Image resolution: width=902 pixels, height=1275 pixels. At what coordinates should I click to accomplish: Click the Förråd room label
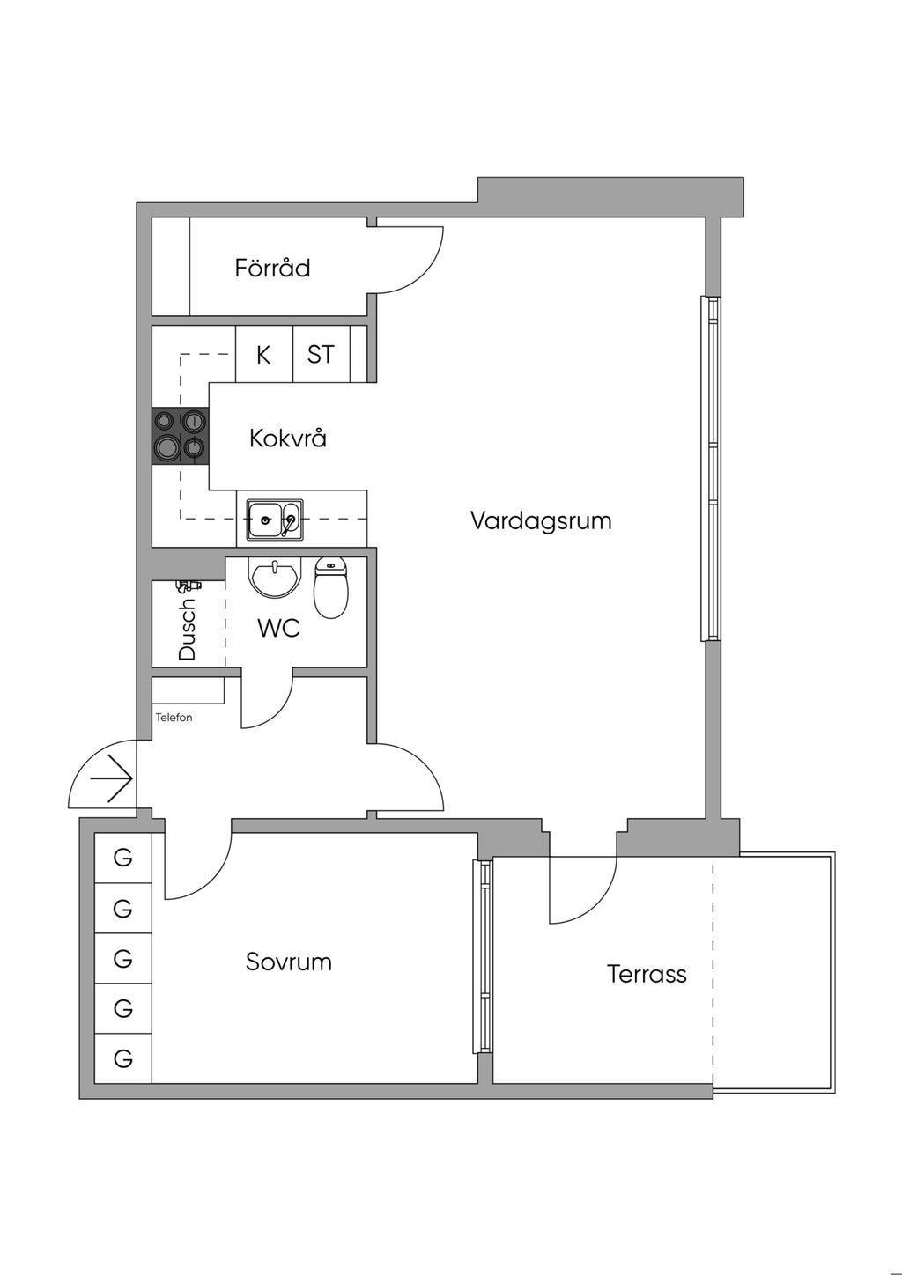pyautogui.click(x=272, y=268)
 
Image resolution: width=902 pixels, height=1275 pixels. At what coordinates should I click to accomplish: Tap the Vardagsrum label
pyautogui.click(x=541, y=520)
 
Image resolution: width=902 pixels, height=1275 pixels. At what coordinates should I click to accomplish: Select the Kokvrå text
pyautogui.click(x=288, y=439)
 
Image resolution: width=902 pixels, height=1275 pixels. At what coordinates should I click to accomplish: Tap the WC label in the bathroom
pyautogui.click(x=278, y=629)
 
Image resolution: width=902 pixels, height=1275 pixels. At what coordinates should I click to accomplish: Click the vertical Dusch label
pyautogui.click(x=187, y=629)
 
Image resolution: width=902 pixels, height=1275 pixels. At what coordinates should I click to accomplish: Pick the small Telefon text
pyautogui.click(x=174, y=718)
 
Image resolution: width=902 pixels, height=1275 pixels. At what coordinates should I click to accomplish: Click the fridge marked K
pyautogui.click(x=264, y=354)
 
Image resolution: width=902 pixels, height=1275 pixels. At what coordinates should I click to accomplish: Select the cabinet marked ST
pyautogui.click(x=322, y=354)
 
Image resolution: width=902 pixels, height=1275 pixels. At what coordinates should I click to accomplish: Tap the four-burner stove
pyautogui.click(x=181, y=436)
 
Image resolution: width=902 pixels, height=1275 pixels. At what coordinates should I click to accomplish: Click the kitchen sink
pyautogui.click(x=275, y=520)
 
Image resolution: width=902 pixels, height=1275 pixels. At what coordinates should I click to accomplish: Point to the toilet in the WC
pyautogui.click(x=331, y=587)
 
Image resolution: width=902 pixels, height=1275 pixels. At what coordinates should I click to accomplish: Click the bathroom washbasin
pyautogui.click(x=275, y=577)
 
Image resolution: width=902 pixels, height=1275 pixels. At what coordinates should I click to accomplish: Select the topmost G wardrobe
pyautogui.click(x=123, y=858)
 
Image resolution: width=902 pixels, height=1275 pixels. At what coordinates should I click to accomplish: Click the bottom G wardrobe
pyautogui.click(x=123, y=1058)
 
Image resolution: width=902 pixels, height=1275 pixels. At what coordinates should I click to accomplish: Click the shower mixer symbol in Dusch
pyautogui.click(x=190, y=586)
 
